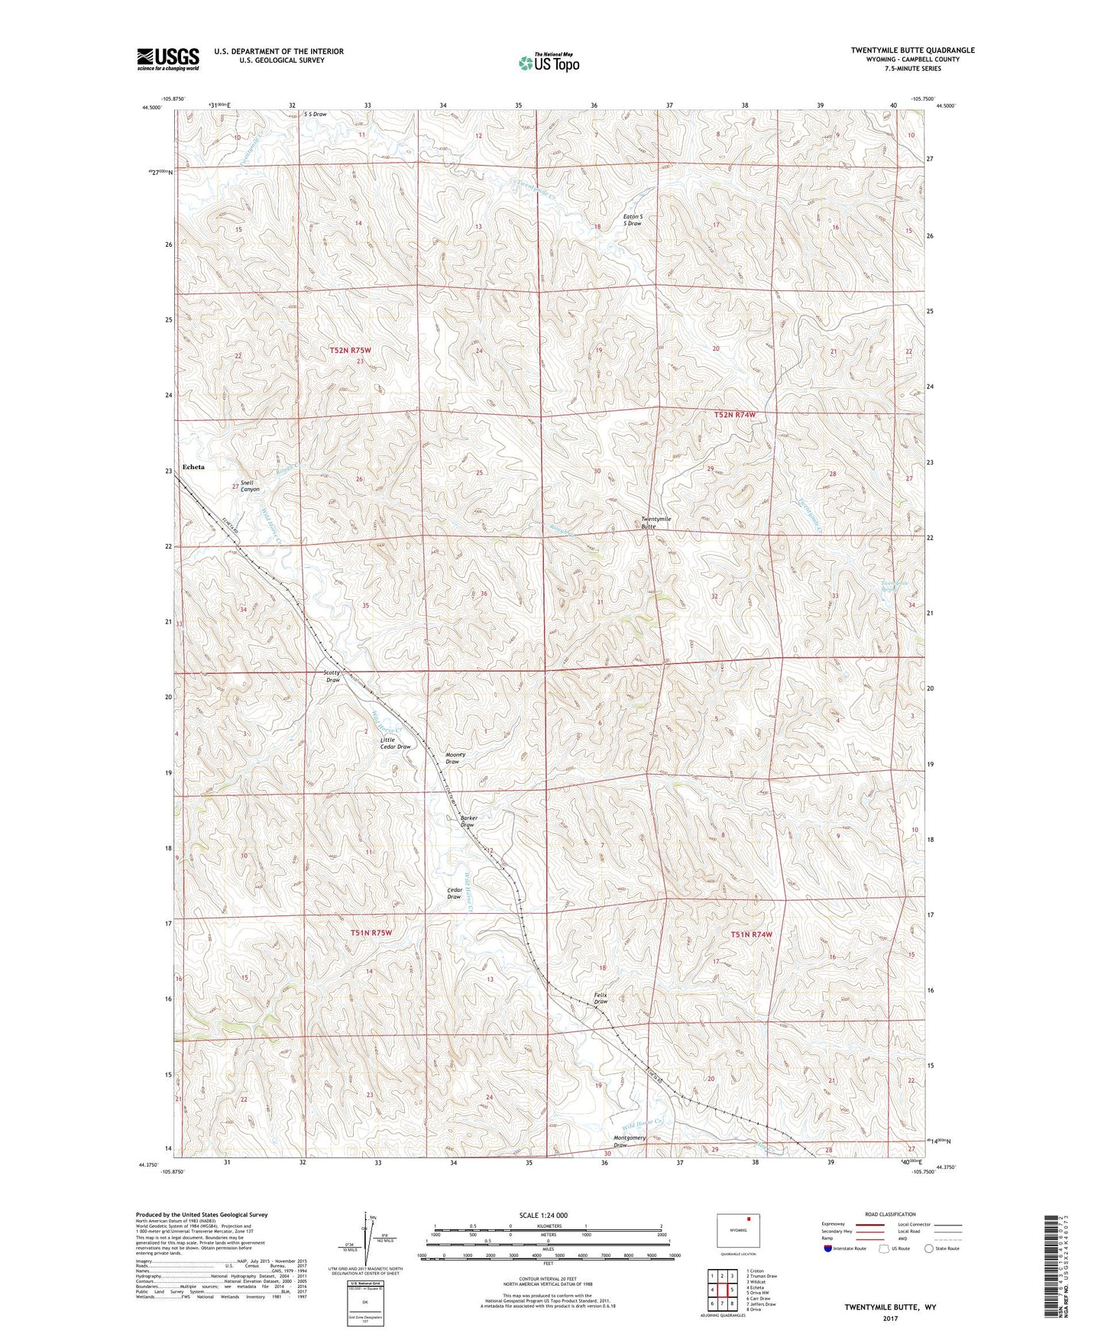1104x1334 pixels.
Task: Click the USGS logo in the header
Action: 168,59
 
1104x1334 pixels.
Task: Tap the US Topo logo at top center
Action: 548,63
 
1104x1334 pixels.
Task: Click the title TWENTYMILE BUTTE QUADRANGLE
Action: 912,50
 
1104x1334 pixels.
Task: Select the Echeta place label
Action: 193,467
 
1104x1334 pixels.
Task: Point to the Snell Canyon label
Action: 250,486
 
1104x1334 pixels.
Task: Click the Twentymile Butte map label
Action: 656,523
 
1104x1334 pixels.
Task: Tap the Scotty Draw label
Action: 332,676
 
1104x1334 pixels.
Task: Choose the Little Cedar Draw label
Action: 395,743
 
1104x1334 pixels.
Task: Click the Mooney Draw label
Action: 455,758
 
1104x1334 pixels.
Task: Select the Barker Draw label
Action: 468,821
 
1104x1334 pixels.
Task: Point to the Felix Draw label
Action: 601,998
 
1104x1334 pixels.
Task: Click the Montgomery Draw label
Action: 630,1141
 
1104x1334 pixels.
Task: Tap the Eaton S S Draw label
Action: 633,220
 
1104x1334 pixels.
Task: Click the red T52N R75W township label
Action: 351,350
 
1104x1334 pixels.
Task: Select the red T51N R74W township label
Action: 752,934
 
